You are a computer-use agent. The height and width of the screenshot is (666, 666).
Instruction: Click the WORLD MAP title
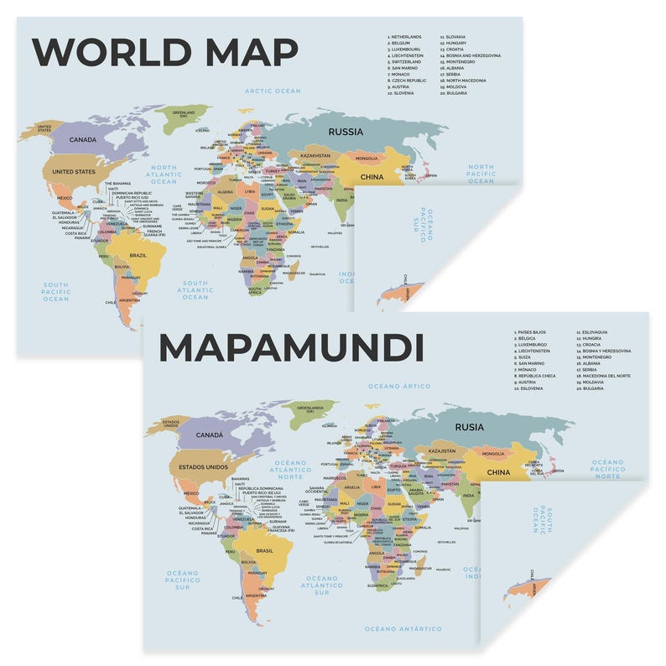click(164, 52)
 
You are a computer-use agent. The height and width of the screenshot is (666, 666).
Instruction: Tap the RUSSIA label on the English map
click(346, 132)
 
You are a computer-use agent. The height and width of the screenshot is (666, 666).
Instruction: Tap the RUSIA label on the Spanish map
click(470, 427)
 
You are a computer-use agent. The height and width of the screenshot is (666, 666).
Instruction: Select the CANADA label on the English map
click(83, 140)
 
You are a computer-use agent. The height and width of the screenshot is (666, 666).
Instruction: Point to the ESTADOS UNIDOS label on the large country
click(199, 467)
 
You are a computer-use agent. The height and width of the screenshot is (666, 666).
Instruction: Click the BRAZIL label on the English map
click(138, 255)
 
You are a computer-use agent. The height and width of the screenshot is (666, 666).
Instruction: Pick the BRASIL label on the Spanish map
click(264, 550)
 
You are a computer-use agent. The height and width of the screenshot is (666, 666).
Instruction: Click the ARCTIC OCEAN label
click(272, 91)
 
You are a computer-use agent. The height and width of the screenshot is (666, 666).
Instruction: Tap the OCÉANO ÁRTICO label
click(398, 387)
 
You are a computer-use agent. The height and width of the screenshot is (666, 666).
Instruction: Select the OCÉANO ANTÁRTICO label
click(403, 628)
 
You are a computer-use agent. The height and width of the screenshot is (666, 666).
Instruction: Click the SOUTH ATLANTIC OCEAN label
click(195, 289)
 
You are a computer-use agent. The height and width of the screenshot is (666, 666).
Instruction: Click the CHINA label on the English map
click(372, 177)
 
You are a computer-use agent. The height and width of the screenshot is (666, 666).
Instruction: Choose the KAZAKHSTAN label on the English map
click(316, 156)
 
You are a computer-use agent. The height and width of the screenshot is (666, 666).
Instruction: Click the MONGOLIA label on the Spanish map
click(493, 454)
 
